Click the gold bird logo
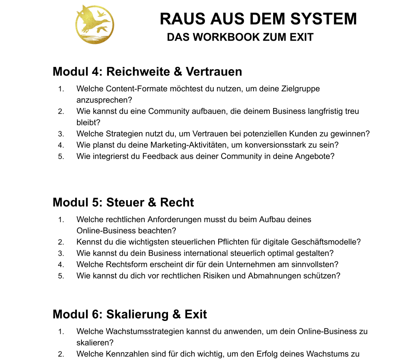[95, 24]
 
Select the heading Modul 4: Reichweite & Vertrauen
[147, 72]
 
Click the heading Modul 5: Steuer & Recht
[123, 202]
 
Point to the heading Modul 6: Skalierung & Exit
[130, 314]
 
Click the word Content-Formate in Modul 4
[133, 89]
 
